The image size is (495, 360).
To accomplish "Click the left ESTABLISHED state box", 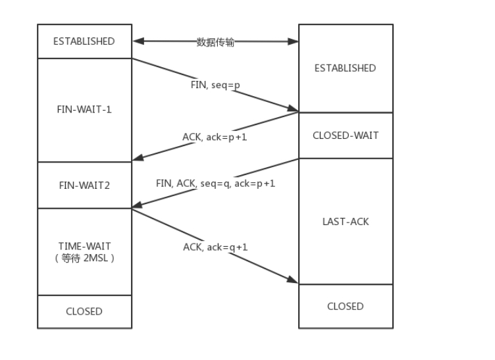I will click(x=84, y=41).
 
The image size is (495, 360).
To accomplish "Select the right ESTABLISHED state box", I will click(x=345, y=68).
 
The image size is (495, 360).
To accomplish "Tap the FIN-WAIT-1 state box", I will click(x=84, y=109).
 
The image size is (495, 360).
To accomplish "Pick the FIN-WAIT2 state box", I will click(x=84, y=185).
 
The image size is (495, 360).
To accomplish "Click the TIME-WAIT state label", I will click(x=84, y=246).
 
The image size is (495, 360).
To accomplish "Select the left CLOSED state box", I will click(x=84, y=311).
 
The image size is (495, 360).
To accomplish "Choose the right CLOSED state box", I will click(x=345, y=306).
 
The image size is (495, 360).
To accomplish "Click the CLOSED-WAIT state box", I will click(x=345, y=136).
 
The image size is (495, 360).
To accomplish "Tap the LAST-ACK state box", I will click(x=345, y=221).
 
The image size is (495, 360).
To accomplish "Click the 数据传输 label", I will click(x=215, y=42).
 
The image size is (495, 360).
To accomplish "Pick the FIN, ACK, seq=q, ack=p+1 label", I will click(x=215, y=183).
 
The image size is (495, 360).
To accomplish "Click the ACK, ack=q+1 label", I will click(x=215, y=247).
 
